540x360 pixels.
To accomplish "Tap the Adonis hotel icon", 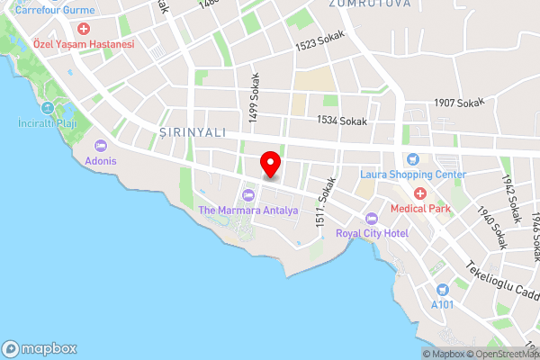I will coord(101,145).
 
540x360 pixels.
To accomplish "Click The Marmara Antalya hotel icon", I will coord(247,195).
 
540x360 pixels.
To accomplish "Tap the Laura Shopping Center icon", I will coord(413,159).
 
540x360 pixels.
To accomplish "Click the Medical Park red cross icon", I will coord(419,193).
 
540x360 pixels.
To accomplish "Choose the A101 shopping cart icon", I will coord(442,290).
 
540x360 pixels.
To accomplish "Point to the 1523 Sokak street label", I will coord(320,42).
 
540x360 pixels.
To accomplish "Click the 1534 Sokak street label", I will coord(343,120).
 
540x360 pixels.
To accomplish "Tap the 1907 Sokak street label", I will coord(458,103).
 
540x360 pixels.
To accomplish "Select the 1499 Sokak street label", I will coord(255,93).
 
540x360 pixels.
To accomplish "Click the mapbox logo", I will coord(40,348).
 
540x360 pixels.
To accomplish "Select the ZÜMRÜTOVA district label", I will coord(357,4).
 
